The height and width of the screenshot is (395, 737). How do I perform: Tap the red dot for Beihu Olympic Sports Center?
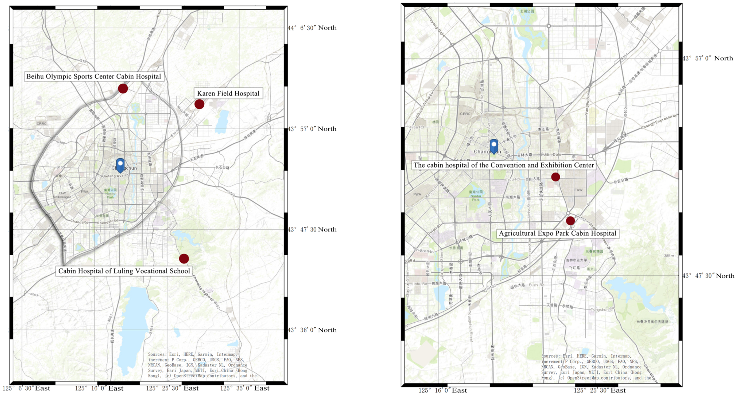click(123, 89)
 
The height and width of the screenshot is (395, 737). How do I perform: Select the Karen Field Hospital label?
click(228, 93)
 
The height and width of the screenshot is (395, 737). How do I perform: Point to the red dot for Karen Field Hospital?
click(199, 104)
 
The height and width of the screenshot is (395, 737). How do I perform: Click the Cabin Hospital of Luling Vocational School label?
click(124, 271)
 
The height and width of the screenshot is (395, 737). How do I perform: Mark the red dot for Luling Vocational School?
click(184, 259)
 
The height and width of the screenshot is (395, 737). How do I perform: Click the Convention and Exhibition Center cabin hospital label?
click(503, 165)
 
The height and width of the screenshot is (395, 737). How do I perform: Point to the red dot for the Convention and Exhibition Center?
click(556, 177)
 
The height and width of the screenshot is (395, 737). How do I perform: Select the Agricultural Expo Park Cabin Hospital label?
click(557, 234)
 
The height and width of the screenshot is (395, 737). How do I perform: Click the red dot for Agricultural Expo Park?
click(570, 221)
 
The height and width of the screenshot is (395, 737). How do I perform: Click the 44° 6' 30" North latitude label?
click(312, 28)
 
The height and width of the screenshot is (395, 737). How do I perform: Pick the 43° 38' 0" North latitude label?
click(312, 330)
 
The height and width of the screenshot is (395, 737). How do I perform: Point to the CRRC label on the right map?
click(465, 114)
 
